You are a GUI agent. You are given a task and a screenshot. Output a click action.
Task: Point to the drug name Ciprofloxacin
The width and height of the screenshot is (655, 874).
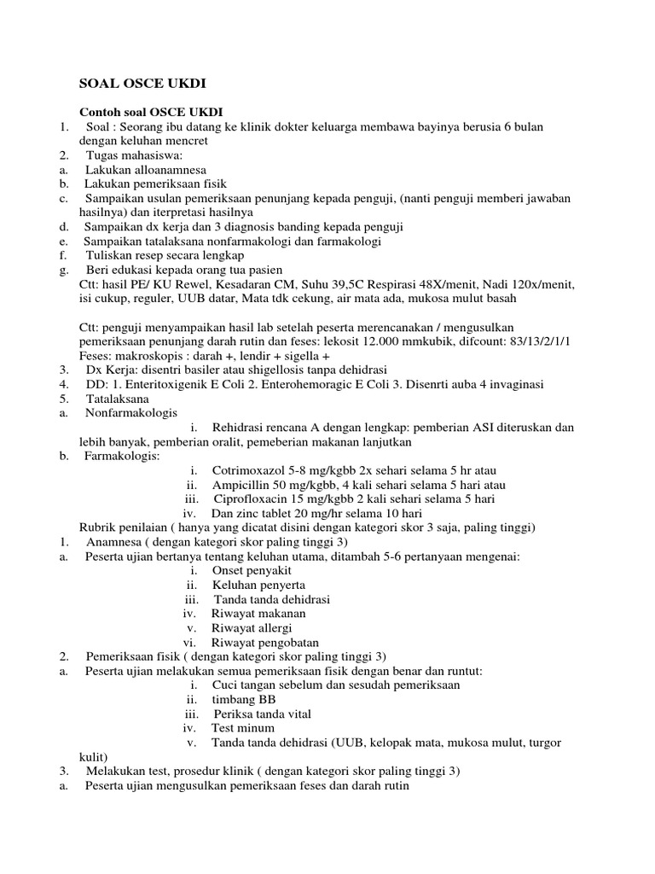point(254,499)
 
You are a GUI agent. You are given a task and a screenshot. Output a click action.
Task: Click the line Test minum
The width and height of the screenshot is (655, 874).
point(243,728)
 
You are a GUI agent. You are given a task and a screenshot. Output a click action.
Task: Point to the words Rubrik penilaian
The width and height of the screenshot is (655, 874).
point(121,528)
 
